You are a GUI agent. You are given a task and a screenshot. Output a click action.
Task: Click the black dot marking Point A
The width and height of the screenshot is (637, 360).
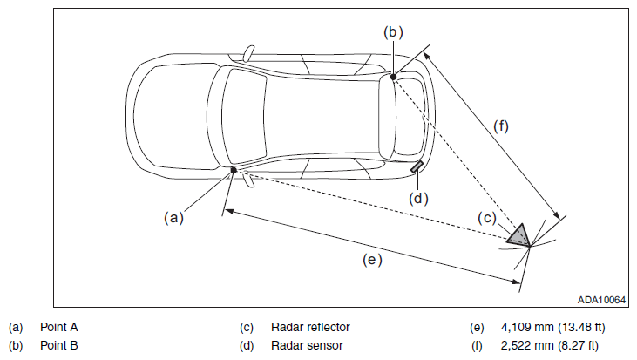point(234,170)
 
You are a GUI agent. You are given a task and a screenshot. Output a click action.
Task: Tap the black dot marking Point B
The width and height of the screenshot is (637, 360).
point(393,77)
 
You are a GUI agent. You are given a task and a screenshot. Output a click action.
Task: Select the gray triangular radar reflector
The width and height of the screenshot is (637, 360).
point(519,235)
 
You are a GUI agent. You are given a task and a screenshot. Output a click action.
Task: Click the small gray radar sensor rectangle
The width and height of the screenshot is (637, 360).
point(417,166)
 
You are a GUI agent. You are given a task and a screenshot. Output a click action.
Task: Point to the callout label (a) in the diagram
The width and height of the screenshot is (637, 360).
point(174,218)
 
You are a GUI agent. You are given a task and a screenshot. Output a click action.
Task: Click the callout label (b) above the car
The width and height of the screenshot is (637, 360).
point(393,32)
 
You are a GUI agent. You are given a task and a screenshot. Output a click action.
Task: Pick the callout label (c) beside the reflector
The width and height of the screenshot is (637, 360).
point(487,218)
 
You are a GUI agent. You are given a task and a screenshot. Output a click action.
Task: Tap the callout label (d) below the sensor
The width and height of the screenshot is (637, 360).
point(418,199)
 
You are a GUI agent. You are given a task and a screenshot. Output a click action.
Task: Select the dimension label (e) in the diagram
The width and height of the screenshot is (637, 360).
point(372,260)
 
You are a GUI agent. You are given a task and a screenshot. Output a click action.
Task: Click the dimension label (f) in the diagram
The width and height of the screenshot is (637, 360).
point(501,126)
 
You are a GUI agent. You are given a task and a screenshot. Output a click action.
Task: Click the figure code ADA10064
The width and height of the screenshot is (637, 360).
point(601,300)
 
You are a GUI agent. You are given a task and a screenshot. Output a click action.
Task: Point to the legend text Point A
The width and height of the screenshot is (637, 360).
point(59,327)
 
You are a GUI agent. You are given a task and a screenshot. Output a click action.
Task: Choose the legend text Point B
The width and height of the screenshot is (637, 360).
point(59,345)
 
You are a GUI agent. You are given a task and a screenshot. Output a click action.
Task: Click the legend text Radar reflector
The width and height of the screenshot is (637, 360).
point(310,327)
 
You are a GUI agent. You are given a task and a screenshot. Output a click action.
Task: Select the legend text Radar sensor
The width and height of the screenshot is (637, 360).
point(307,345)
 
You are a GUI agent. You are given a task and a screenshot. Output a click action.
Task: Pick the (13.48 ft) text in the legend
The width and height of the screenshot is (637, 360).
point(581,327)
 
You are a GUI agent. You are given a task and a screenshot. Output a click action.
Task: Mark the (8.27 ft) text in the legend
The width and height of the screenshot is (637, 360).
point(578,345)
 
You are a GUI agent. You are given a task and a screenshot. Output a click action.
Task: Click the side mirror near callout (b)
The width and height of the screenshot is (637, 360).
point(248,54)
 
